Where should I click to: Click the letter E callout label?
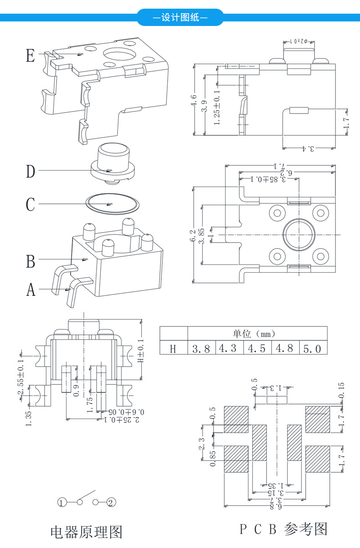tap(31, 56)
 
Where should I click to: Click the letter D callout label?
tap(31, 171)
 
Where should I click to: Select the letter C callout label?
tap(31, 204)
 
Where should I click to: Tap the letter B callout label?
tap(31, 261)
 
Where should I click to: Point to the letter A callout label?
tap(31, 290)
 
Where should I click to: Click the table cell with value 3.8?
tap(201, 349)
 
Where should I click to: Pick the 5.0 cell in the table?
tap(312, 349)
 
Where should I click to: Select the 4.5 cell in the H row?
tap(257, 349)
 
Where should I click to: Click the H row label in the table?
tap(173, 349)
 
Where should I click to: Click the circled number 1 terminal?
tap(62, 503)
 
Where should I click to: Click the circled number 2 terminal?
tap(111, 503)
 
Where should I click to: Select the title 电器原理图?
tap(86, 532)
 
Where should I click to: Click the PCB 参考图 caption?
tap(283, 529)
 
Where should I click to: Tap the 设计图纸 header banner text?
tap(180, 18)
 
